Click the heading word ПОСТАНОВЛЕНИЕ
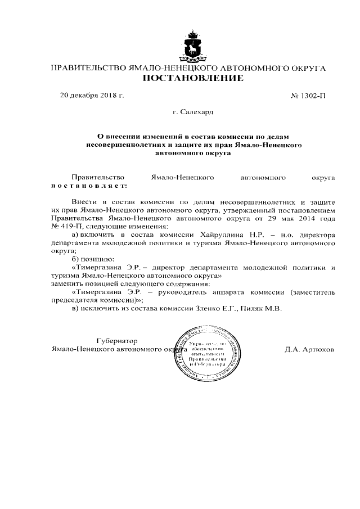(x=192, y=78)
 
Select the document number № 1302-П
(x=308, y=95)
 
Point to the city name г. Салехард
(x=193, y=112)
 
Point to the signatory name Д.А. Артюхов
(x=309, y=349)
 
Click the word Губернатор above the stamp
(x=117, y=341)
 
